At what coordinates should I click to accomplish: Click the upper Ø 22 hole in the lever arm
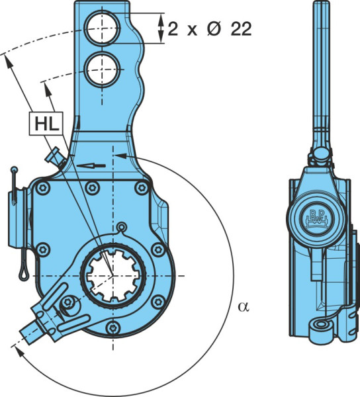[103, 28]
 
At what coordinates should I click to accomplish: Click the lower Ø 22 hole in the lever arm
[103, 69]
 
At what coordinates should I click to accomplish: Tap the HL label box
[46, 124]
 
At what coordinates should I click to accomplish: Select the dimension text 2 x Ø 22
[210, 28]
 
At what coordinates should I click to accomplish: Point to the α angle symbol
[244, 306]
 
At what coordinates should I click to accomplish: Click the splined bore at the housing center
[113, 275]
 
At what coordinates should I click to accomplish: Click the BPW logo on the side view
[317, 217]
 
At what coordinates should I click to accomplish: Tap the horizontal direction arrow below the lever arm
[91, 166]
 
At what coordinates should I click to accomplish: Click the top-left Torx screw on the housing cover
[42, 188]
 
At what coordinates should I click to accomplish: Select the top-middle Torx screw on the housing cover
[92, 188]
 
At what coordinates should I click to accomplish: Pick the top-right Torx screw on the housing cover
[141, 188]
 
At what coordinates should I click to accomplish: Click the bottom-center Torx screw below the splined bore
[113, 328]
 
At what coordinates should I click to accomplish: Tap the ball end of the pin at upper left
[15, 169]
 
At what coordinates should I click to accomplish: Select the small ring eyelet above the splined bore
[122, 226]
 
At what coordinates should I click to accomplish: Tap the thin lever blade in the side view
[321, 76]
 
